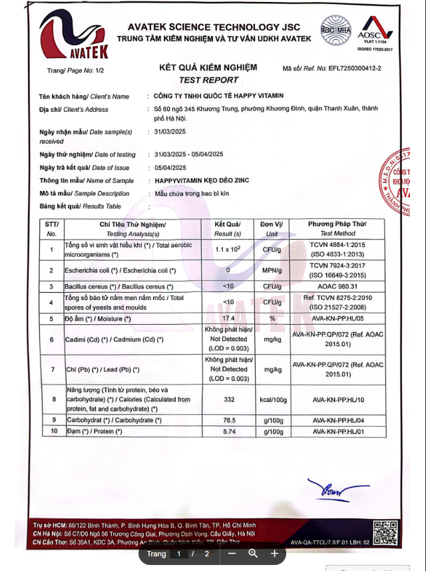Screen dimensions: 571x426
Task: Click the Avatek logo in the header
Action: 73,37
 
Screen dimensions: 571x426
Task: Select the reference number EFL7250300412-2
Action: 351,69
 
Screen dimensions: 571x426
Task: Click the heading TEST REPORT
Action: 208,79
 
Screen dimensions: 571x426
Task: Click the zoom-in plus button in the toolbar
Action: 274,553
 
